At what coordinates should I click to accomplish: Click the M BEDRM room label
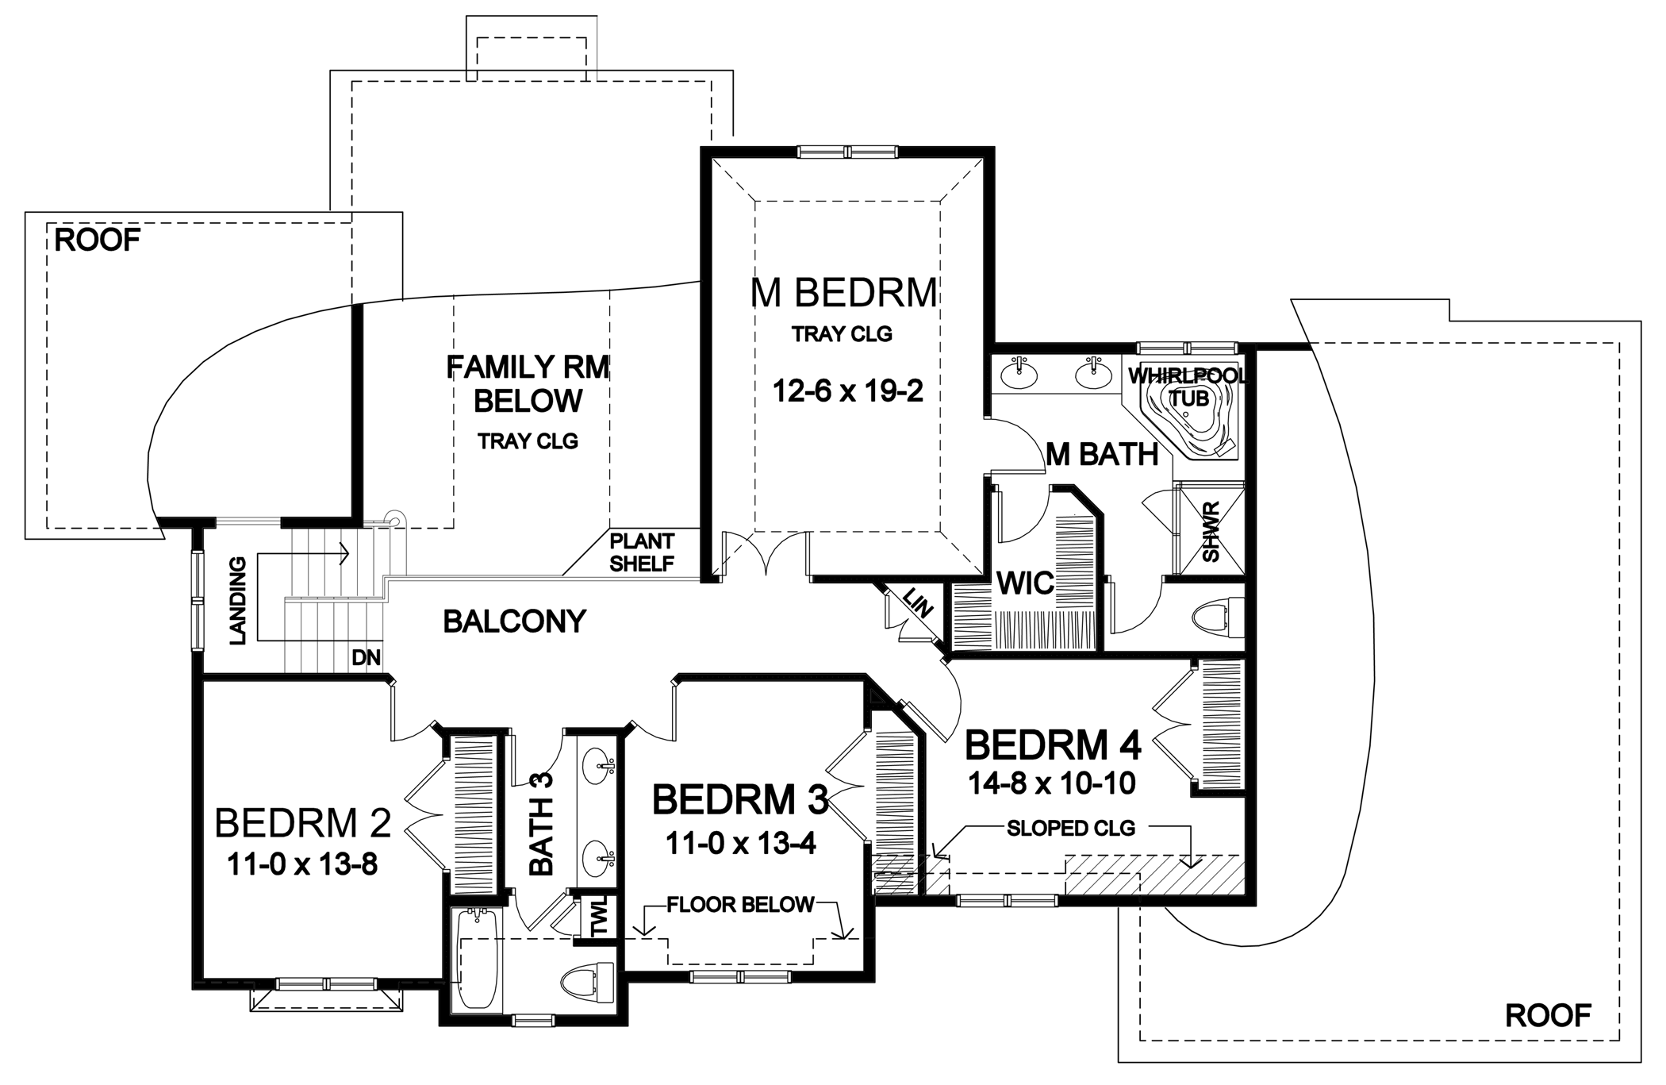click(844, 292)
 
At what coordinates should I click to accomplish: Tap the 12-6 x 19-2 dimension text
click(848, 391)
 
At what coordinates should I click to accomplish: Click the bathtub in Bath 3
click(477, 959)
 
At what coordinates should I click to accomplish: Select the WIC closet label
click(1025, 584)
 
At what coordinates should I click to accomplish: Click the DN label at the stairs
click(367, 657)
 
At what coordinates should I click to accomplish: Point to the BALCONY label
click(514, 621)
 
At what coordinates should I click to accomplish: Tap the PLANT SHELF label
click(642, 552)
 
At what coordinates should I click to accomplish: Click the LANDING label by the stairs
click(238, 601)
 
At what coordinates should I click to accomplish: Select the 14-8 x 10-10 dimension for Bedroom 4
click(1052, 784)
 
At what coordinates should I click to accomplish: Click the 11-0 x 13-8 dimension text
click(302, 864)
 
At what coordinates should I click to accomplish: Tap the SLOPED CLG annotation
click(1071, 829)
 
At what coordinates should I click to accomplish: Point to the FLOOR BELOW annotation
click(740, 904)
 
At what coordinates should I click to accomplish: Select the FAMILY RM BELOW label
click(528, 384)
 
